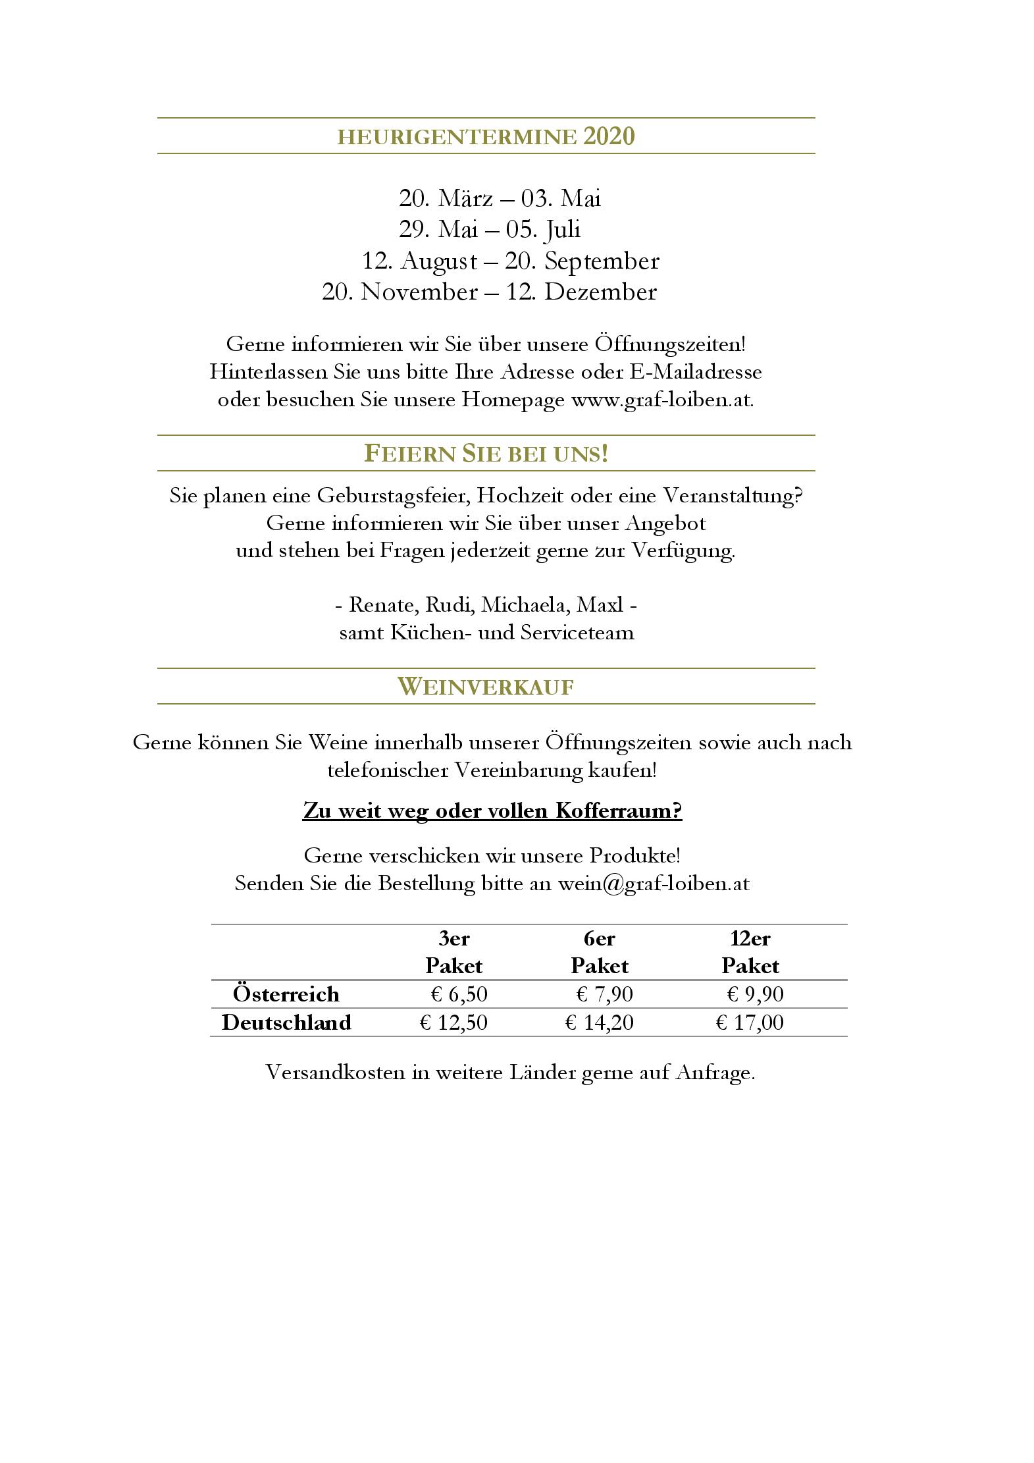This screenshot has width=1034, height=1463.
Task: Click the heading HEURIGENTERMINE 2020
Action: point(486,136)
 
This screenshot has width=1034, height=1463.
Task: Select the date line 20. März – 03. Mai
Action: point(500,198)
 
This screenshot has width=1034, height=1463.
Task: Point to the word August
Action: point(438,261)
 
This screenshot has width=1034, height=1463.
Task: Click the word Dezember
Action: point(600,292)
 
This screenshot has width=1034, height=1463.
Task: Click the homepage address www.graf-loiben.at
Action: point(661,400)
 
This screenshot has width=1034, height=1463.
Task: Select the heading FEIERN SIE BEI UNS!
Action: point(486,454)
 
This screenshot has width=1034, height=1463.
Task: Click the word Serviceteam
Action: point(577,633)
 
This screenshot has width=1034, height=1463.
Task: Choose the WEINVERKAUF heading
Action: point(486,687)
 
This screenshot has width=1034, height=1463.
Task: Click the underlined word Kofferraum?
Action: point(618,811)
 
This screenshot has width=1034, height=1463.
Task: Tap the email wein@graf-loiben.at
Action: point(654,883)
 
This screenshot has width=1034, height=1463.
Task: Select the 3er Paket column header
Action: point(453,951)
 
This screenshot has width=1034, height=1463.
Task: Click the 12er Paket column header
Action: point(750,951)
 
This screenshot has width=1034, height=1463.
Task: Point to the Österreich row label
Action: point(286,994)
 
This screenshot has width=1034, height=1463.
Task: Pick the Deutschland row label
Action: point(286,1022)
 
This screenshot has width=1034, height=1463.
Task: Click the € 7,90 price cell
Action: point(604,994)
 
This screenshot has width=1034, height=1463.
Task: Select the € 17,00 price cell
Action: point(750,1022)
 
